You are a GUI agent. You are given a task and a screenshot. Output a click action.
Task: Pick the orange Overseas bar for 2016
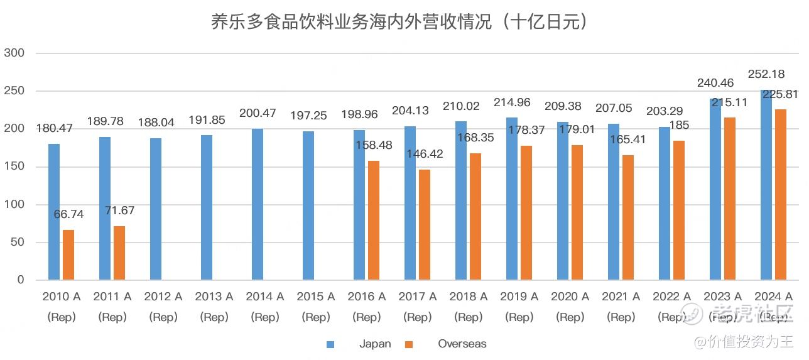pyautogui.click(x=374, y=220)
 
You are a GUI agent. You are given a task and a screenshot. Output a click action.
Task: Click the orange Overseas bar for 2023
pyautogui.click(x=730, y=199)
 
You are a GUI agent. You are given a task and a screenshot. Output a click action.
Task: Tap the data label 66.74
pyautogui.click(x=68, y=214)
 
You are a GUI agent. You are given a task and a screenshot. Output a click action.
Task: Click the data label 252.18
pyautogui.click(x=766, y=74)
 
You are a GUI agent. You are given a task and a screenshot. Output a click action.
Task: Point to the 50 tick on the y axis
pyautogui.click(x=17, y=243)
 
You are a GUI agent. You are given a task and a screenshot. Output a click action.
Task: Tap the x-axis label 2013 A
pyautogui.click(x=214, y=297)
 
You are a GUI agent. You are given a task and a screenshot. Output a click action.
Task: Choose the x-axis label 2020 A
pyautogui.click(x=570, y=297)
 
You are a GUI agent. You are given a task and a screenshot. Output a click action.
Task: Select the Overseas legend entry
pyautogui.click(x=462, y=344)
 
